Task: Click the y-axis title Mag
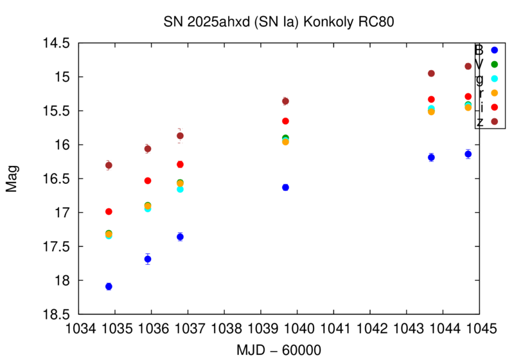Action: pos(12,179)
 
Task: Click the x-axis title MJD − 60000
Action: pos(279,349)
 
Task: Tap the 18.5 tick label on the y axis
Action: pos(57,314)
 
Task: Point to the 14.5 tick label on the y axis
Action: pos(57,43)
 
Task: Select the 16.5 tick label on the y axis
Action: pos(57,179)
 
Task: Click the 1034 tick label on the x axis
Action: pos(78,328)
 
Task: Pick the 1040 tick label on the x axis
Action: pos(297,328)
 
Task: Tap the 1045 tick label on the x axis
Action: pos(479,328)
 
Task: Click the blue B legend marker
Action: pos(494,50)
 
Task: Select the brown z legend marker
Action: pos(494,121)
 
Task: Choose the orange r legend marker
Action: pos(494,93)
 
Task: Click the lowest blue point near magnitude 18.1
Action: pos(109,286)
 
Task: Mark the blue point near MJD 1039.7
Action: pos(285,187)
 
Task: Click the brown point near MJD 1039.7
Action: pos(285,101)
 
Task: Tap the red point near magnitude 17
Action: pos(109,212)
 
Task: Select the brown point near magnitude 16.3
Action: pos(109,165)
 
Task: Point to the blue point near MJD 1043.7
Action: pos(431,157)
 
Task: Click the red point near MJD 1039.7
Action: pos(285,121)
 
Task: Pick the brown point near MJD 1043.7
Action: pos(431,73)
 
